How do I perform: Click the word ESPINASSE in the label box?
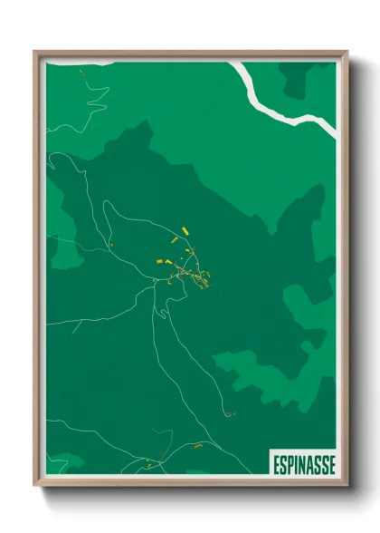(303, 464)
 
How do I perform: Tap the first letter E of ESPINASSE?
(276, 464)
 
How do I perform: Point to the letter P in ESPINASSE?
(290, 464)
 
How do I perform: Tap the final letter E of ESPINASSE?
(331, 464)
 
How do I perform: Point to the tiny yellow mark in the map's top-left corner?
(81, 71)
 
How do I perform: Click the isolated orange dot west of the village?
(110, 243)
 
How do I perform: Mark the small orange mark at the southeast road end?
(228, 414)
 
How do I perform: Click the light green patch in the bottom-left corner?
(63, 462)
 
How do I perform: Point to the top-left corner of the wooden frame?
(34, 52)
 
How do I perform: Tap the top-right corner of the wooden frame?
(347, 52)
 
